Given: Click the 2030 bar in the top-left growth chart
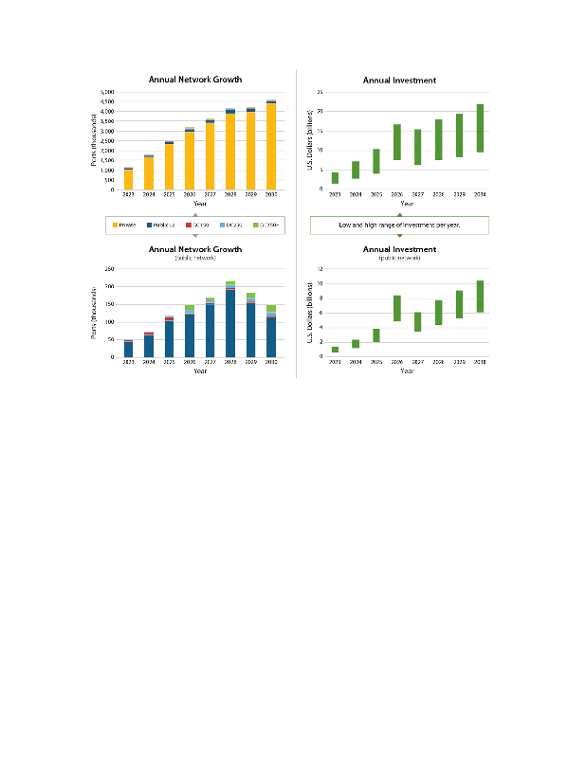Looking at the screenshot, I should click(x=271, y=145).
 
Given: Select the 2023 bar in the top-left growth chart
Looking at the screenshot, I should click(x=128, y=179).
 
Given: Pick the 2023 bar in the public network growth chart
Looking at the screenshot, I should click(x=128, y=348).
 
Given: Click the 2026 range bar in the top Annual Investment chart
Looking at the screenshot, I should click(x=396, y=142).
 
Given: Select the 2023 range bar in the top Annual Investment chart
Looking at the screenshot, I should click(x=335, y=177).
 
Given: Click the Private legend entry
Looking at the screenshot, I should click(x=124, y=225).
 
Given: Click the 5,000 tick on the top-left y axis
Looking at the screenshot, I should click(x=107, y=92).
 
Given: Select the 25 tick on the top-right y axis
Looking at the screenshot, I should click(x=320, y=92).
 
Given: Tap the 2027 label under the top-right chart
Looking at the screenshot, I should click(x=417, y=194).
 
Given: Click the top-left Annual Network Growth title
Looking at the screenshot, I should click(x=195, y=80).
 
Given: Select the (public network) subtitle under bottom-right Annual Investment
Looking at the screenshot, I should click(x=399, y=258).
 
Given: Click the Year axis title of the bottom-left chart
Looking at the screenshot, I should click(x=200, y=370).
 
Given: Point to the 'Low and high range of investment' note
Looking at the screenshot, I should click(x=399, y=225).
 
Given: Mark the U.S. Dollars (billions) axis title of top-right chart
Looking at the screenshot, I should click(x=310, y=139).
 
